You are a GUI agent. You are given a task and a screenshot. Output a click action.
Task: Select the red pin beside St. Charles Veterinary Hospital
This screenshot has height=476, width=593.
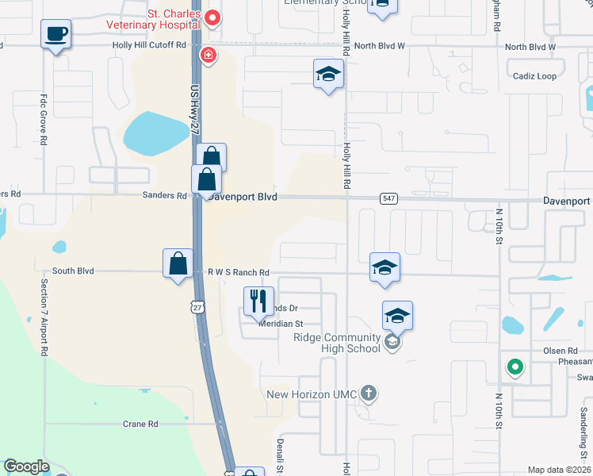tap(212, 17)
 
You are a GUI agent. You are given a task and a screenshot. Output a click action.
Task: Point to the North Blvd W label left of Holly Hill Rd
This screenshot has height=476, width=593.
tap(379, 46)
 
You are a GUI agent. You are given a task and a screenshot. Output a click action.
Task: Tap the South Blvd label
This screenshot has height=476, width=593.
tap(74, 271)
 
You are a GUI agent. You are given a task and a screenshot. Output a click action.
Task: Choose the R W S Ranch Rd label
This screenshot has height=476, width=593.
tap(239, 272)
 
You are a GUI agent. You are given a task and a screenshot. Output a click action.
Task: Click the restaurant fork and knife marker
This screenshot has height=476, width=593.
tap(258, 301)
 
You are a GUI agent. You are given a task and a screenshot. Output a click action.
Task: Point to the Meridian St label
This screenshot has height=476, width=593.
tap(280, 324)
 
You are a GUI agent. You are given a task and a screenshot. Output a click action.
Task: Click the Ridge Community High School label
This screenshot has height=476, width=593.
tap(339, 343)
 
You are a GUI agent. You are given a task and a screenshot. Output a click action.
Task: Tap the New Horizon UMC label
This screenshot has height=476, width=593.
tap(313, 393)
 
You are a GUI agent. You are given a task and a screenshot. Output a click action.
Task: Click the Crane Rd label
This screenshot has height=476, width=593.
tap(140, 424)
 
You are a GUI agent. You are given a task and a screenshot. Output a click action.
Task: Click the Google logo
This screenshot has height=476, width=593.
tap(25, 466)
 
